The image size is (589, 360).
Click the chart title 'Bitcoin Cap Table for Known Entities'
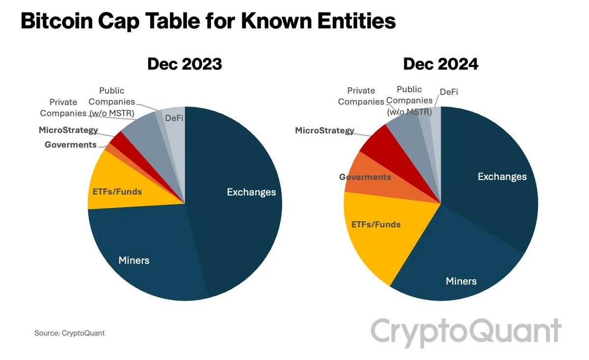point(208,22)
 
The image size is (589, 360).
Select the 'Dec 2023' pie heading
point(185,64)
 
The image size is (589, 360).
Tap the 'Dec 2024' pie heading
point(440,64)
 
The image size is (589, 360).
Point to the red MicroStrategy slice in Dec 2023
point(118,140)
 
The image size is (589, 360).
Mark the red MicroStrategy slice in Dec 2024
point(380,145)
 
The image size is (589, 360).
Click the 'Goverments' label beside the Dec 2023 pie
point(70,145)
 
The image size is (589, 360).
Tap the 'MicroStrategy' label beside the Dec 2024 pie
point(324,130)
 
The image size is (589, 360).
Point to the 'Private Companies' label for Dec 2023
point(63,107)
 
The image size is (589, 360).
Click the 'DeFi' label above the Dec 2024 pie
point(449,92)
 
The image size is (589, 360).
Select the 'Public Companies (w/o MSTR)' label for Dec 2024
point(409,101)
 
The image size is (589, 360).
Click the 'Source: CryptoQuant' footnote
point(69,333)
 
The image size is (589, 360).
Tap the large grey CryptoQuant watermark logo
point(465,331)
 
